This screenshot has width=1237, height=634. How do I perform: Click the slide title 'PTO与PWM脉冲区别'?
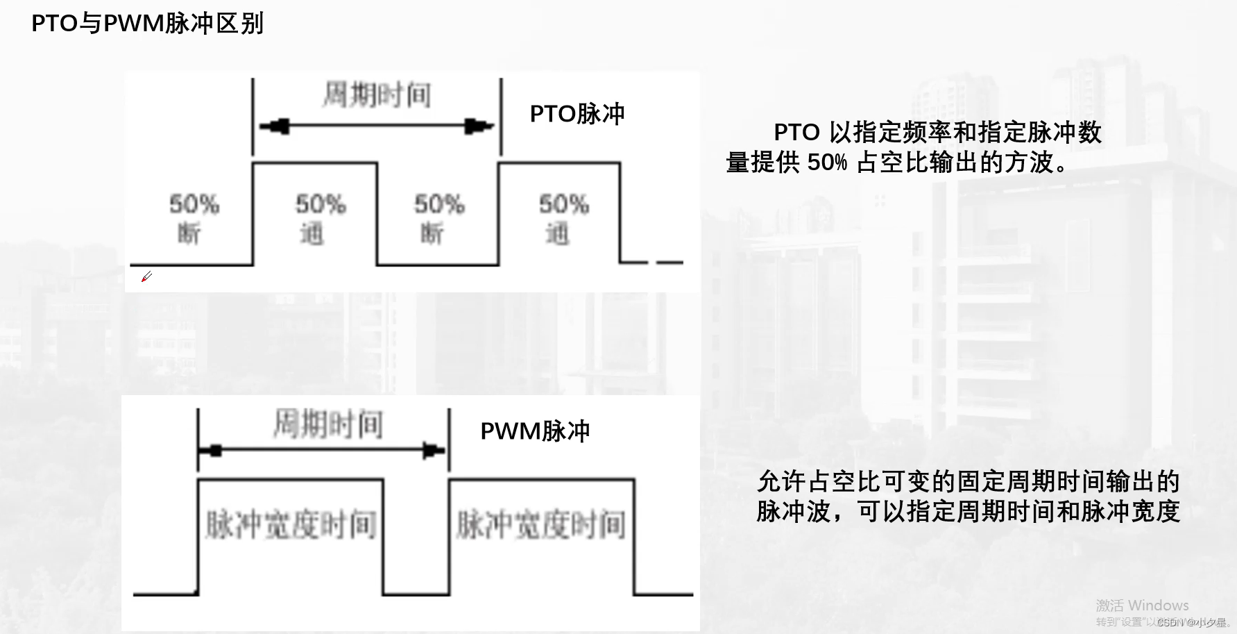pos(147,24)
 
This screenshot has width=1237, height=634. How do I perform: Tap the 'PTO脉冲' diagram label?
pos(577,114)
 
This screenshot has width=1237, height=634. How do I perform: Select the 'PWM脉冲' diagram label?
pos(535,431)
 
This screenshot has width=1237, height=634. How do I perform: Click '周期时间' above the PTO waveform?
pos(377,95)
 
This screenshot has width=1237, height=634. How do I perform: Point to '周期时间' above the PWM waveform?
pos(327,424)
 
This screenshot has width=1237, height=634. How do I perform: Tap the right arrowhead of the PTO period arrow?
pos(477,126)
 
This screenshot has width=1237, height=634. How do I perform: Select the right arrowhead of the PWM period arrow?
pos(433,451)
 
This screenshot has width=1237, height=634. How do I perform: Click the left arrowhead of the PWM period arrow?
pos(214,451)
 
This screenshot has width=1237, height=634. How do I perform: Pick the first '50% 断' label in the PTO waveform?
pos(194,218)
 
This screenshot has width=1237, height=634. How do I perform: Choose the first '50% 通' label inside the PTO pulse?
pos(320,218)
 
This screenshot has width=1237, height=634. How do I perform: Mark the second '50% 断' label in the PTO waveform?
pos(438,218)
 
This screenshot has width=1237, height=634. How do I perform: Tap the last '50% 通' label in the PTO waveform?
pos(563,218)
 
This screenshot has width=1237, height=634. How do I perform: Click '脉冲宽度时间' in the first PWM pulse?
pos(291,524)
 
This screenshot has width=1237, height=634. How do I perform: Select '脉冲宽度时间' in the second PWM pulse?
pos(540,524)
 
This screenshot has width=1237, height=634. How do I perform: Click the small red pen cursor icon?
pos(146,277)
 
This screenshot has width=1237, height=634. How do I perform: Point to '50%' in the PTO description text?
pos(827,162)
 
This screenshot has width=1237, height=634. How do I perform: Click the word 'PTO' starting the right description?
pos(796,132)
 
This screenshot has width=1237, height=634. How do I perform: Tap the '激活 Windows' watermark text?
pos(1142,606)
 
